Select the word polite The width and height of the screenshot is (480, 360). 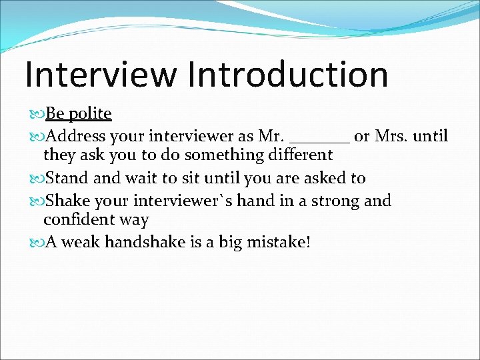coord(89,114)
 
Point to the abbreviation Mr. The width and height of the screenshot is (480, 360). coord(271,137)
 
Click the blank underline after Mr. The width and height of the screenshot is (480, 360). coord(320,141)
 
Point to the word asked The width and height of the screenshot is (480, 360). coord(327,178)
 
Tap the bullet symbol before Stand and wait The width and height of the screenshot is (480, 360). coord(39,179)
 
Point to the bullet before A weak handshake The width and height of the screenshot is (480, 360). coord(39,243)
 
